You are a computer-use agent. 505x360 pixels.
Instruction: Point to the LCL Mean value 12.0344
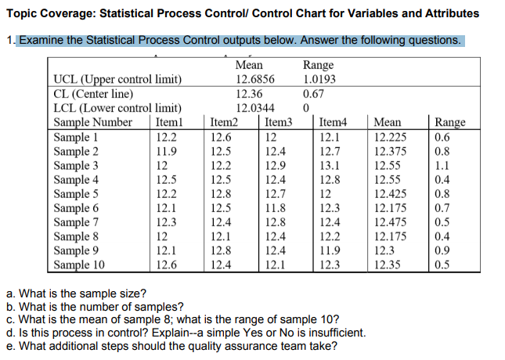pyautogui.click(x=254, y=108)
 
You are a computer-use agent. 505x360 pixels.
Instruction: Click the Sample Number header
pyautogui.click(x=92, y=122)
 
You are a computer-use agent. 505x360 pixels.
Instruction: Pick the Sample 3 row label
pyautogui.click(x=75, y=166)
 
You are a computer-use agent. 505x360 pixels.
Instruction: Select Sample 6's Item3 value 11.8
pyautogui.click(x=276, y=208)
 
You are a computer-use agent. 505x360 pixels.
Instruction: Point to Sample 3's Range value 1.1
pyautogui.click(x=443, y=166)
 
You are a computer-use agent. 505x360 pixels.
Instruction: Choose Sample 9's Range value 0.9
pyautogui.click(x=443, y=250)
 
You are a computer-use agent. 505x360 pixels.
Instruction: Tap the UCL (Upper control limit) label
pyautogui.click(x=117, y=79)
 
